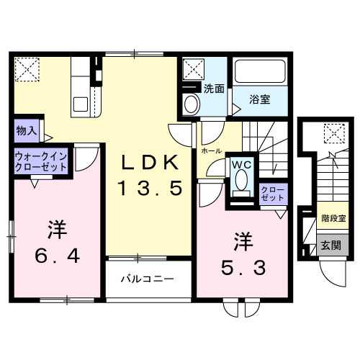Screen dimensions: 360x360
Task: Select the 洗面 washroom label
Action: point(213,90)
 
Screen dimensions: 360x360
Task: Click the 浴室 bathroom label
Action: point(260,99)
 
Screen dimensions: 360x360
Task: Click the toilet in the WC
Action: point(240,188)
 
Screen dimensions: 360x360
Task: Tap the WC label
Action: point(240,164)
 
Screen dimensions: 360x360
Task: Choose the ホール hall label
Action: point(212,152)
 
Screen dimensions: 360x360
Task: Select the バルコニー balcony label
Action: point(146,278)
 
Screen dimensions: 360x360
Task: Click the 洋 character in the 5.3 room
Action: point(243,240)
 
